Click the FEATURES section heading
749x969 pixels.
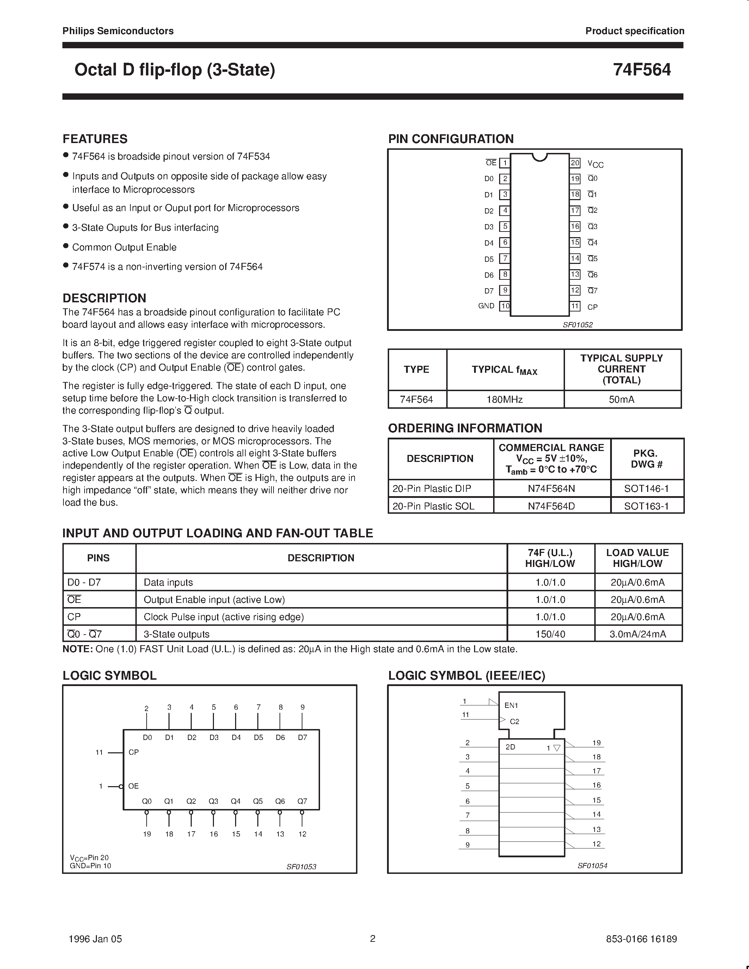tap(95, 139)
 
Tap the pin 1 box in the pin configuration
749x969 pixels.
tap(504, 163)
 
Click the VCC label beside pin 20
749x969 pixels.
tap(595, 164)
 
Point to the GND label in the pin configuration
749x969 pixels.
tap(486, 306)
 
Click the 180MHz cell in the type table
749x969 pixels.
tap(505, 399)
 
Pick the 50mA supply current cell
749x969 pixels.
tap(622, 399)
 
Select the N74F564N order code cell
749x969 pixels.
tap(552, 488)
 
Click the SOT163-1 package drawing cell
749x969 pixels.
tap(646, 506)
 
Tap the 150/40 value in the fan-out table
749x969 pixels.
tap(550, 634)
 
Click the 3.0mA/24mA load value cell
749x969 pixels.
tap(638, 634)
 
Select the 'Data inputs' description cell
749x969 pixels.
tap(168, 582)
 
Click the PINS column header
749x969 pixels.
tap(98, 558)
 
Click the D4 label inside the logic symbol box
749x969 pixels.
tap(236, 737)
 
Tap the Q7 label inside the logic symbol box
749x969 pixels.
tap(302, 801)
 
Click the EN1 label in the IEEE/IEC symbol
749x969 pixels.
tap(511, 705)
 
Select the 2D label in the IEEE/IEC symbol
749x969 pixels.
tap(510, 747)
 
